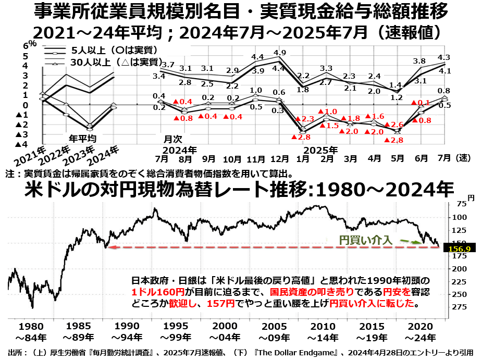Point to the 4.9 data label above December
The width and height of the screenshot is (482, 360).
pyautogui.click(x=279, y=53)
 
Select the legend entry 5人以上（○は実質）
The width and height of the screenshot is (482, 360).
pyautogui.click(x=113, y=51)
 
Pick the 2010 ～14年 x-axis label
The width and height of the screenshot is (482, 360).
pyautogui.click(x=325, y=332)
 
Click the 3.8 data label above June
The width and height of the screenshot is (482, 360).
pyautogui.click(x=419, y=61)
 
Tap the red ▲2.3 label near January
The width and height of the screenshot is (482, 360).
pyautogui.click(x=303, y=119)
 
